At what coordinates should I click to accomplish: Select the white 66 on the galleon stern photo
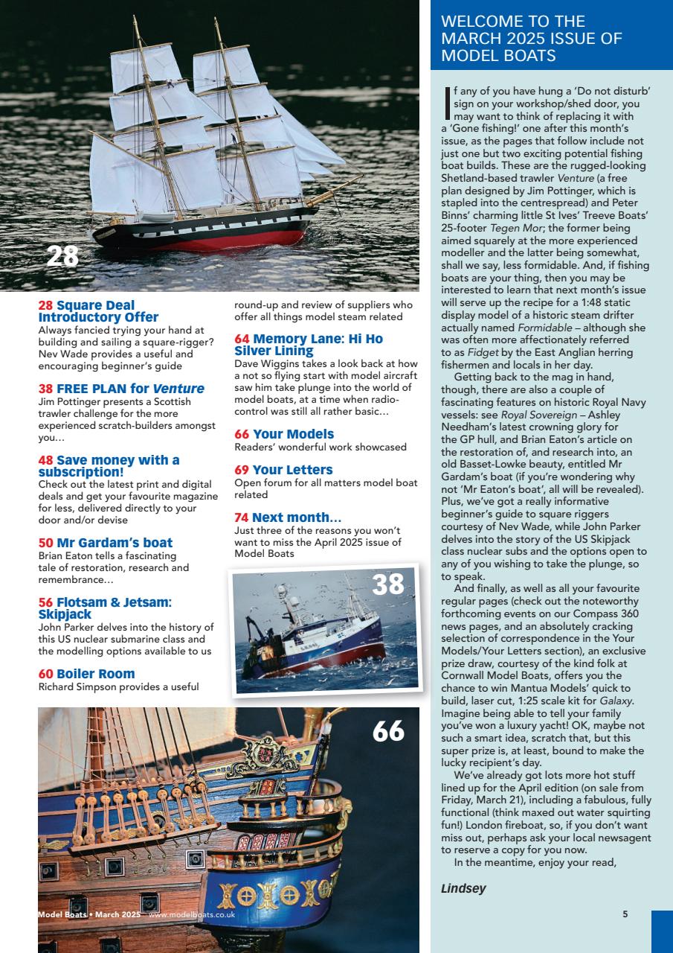388,731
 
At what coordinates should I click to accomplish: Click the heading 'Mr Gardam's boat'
114,543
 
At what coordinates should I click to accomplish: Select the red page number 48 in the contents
45,460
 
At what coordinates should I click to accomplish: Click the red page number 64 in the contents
242,339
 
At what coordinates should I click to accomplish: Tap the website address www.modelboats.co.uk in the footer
192,914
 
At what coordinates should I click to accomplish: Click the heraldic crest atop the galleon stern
265,756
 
